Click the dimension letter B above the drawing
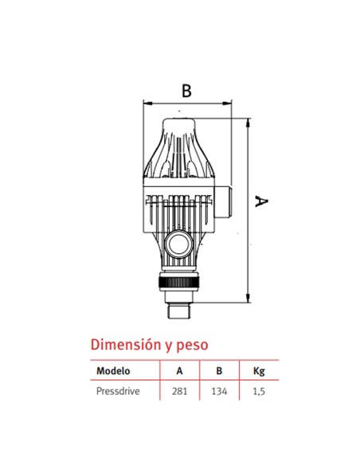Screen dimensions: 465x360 click(186, 91)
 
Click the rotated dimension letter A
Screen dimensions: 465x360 click(259, 202)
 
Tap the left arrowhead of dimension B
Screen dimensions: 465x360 click(145, 104)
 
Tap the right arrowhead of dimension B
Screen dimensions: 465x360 click(229, 104)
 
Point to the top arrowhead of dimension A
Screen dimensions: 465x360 click(249, 121)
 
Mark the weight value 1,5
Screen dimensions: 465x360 click(259, 392)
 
